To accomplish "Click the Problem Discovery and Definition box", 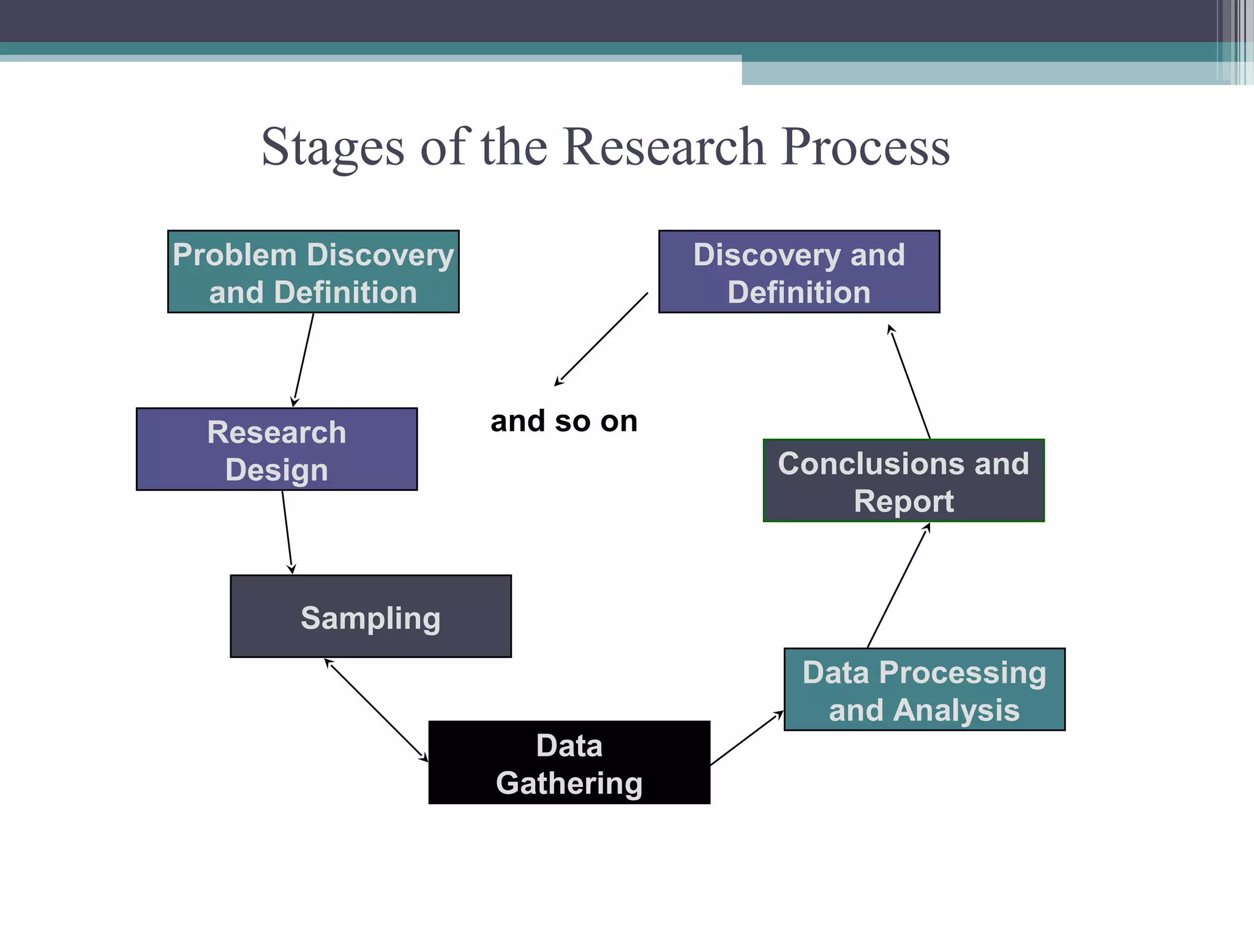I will (x=313, y=272).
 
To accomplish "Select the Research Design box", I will (x=277, y=449).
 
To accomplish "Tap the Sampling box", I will (x=370, y=616).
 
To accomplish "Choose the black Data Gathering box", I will (x=569, y=763).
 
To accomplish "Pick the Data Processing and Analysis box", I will (x=925, y=689).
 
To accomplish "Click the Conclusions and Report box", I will (x=904, y=480).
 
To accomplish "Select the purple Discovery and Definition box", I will (x=799, y=272).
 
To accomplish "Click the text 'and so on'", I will (x=564, y=421).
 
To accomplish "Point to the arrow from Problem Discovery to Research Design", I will (x=304, y=359).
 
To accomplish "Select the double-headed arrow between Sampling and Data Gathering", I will (x=376, y=710).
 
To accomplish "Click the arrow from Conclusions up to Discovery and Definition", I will (x=910, y=382).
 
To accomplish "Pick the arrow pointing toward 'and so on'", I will (x=601, y=339).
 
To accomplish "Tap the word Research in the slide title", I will (x=664, y=147).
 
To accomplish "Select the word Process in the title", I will (x=866, y=147).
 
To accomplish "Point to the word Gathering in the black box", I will (x=569, y=783).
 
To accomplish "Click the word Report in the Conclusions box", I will (x=904, y=501).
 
